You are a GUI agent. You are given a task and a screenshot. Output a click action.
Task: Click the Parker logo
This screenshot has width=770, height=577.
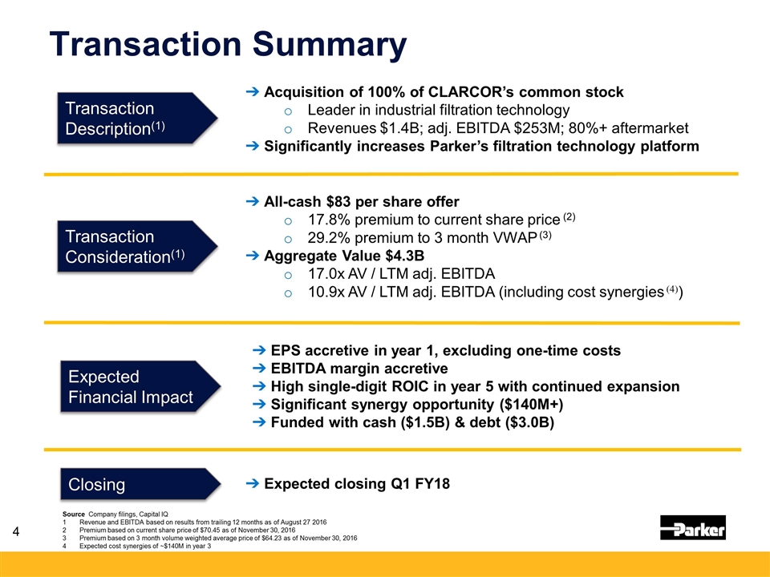[692, 527]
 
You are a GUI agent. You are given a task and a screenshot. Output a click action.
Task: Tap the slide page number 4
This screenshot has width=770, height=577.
[16, 531]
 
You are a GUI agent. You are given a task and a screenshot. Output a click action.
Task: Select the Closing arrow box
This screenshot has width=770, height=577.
[140, 484]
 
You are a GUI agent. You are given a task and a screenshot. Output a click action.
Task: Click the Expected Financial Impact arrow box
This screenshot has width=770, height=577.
[140, 386]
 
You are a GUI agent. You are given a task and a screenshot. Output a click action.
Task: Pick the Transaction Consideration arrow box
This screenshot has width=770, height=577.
[137, 246]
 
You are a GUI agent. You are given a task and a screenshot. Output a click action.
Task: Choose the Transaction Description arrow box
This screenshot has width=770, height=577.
[137, 119]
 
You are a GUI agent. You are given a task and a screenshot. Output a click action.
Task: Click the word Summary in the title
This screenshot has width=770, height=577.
[330, 45]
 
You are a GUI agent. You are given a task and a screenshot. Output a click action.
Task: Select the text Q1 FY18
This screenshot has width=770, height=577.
[420, 484]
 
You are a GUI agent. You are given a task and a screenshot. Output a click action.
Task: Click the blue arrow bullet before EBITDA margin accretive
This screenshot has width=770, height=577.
[259, 369]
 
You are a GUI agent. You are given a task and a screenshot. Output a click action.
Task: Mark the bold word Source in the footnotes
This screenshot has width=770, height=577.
[74, 514]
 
